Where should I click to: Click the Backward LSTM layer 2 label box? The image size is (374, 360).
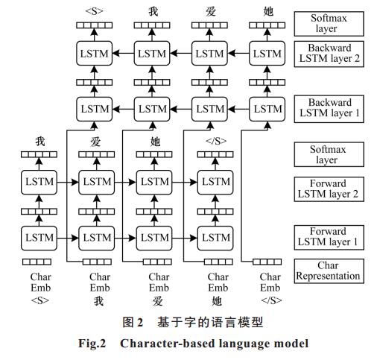[329, 54]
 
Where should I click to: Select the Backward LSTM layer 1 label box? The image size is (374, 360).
[329, 109]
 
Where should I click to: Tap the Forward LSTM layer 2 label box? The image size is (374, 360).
[329, 189]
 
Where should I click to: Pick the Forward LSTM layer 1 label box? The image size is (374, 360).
[329, 237]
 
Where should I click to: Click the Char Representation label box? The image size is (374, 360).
[329, 271]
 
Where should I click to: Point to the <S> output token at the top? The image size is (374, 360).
[94, 11]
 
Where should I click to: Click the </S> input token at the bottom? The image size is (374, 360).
[271, 300]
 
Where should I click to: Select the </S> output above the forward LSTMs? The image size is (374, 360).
[216, 141]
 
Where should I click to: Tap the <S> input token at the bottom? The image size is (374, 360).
[40, 300]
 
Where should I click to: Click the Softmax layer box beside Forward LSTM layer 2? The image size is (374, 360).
[329, 154]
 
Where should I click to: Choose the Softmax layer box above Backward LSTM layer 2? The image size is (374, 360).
[329, 24]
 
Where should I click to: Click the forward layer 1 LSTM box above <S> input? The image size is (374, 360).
[39, 238]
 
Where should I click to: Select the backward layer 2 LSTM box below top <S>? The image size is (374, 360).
[94, 54]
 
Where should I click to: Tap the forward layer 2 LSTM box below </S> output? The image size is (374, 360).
[215, 182]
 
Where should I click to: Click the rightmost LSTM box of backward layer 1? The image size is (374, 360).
[267, 109]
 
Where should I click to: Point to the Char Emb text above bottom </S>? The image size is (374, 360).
[270, 282]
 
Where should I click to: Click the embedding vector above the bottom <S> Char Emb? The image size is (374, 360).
[37, 262]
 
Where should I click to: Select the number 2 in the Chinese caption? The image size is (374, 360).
[140, 323]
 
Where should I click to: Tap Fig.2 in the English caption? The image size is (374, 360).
[92, 344]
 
